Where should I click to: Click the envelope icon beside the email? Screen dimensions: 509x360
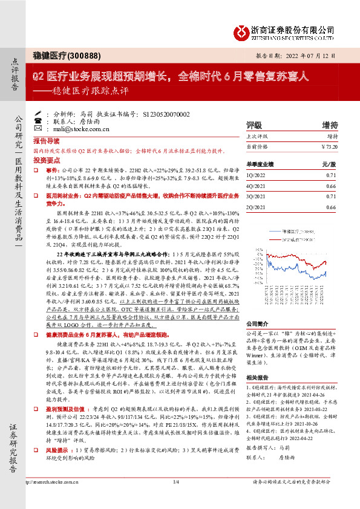[x=38, y=129]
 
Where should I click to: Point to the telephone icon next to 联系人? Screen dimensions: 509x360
[x=38, y=121]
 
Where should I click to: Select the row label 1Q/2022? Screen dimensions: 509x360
[x=257, y=174]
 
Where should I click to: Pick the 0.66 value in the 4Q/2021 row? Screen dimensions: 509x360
[x=330, y=185]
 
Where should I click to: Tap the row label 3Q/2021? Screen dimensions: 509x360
[x=257, y=196]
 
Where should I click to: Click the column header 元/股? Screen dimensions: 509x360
[x=329, y=163]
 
